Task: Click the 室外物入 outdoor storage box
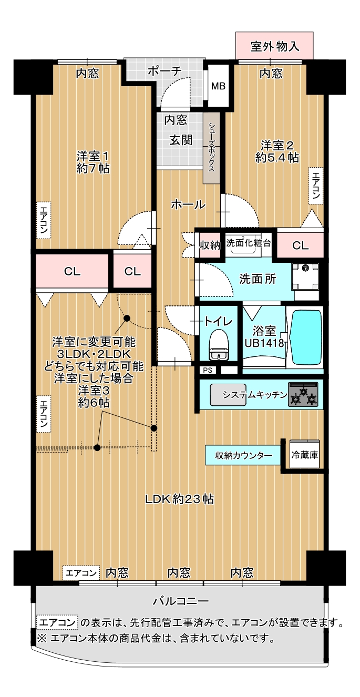coord(274,45)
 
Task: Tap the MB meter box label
coord(218,86)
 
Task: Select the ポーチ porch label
coord(164,71)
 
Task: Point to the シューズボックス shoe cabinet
coord(212,148)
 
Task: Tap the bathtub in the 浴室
coord(305,337)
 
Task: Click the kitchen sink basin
coord(228,395)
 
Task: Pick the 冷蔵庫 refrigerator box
coord(304,454)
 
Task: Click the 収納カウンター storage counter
coord(243,455)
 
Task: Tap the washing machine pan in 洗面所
coord(305,277)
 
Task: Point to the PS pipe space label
coord(208,370)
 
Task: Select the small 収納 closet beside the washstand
coord(210,245)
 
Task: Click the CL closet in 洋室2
coord(300,245)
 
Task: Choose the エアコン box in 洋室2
coord(316,186)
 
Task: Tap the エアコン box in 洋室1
coord(44,221)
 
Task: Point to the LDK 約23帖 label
coord(180,499)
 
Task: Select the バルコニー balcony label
coord(180,601)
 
